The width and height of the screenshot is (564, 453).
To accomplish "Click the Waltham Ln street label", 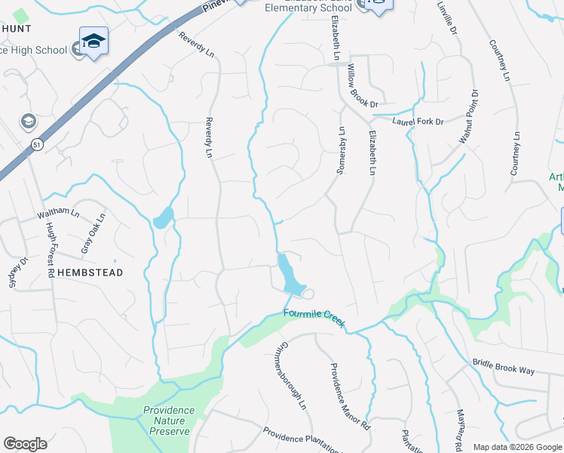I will [x=58, y=213].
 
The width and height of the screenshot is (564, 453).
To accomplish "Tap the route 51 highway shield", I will [x=37, y=143].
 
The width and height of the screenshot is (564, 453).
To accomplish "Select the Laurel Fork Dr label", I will [x=418, y=121].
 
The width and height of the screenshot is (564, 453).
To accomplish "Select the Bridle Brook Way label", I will [x=504, y=368].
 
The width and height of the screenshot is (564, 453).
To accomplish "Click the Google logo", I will [x=24, y=444].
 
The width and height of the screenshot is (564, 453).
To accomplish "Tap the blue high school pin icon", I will [x=93, y=42].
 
